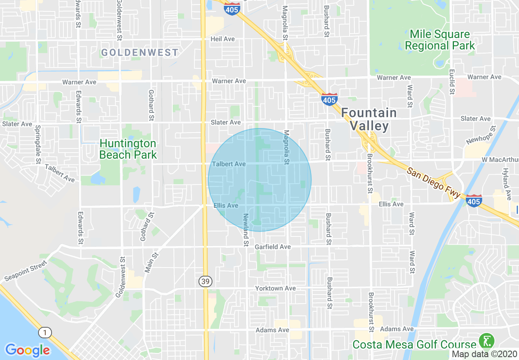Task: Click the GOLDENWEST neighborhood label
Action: [x=140, y=52]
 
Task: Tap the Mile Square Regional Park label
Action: [x=440, y=40]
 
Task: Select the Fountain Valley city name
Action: [x=369, y=119]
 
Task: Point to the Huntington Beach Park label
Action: [x=128, y=149]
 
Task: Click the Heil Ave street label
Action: [x=223, y=39]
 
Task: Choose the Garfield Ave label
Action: [x=273, y=247]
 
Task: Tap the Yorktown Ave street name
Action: [x=275, y=288]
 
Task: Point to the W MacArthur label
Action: [x=500, y=159]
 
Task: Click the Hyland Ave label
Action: [x=507, y=184]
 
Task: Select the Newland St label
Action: [x=246, y=229]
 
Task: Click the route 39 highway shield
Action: [x=205, y=281]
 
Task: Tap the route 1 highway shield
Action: [x=45, y=333]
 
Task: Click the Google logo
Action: [x=27, y=350]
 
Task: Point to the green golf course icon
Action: [x=487, y=341]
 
